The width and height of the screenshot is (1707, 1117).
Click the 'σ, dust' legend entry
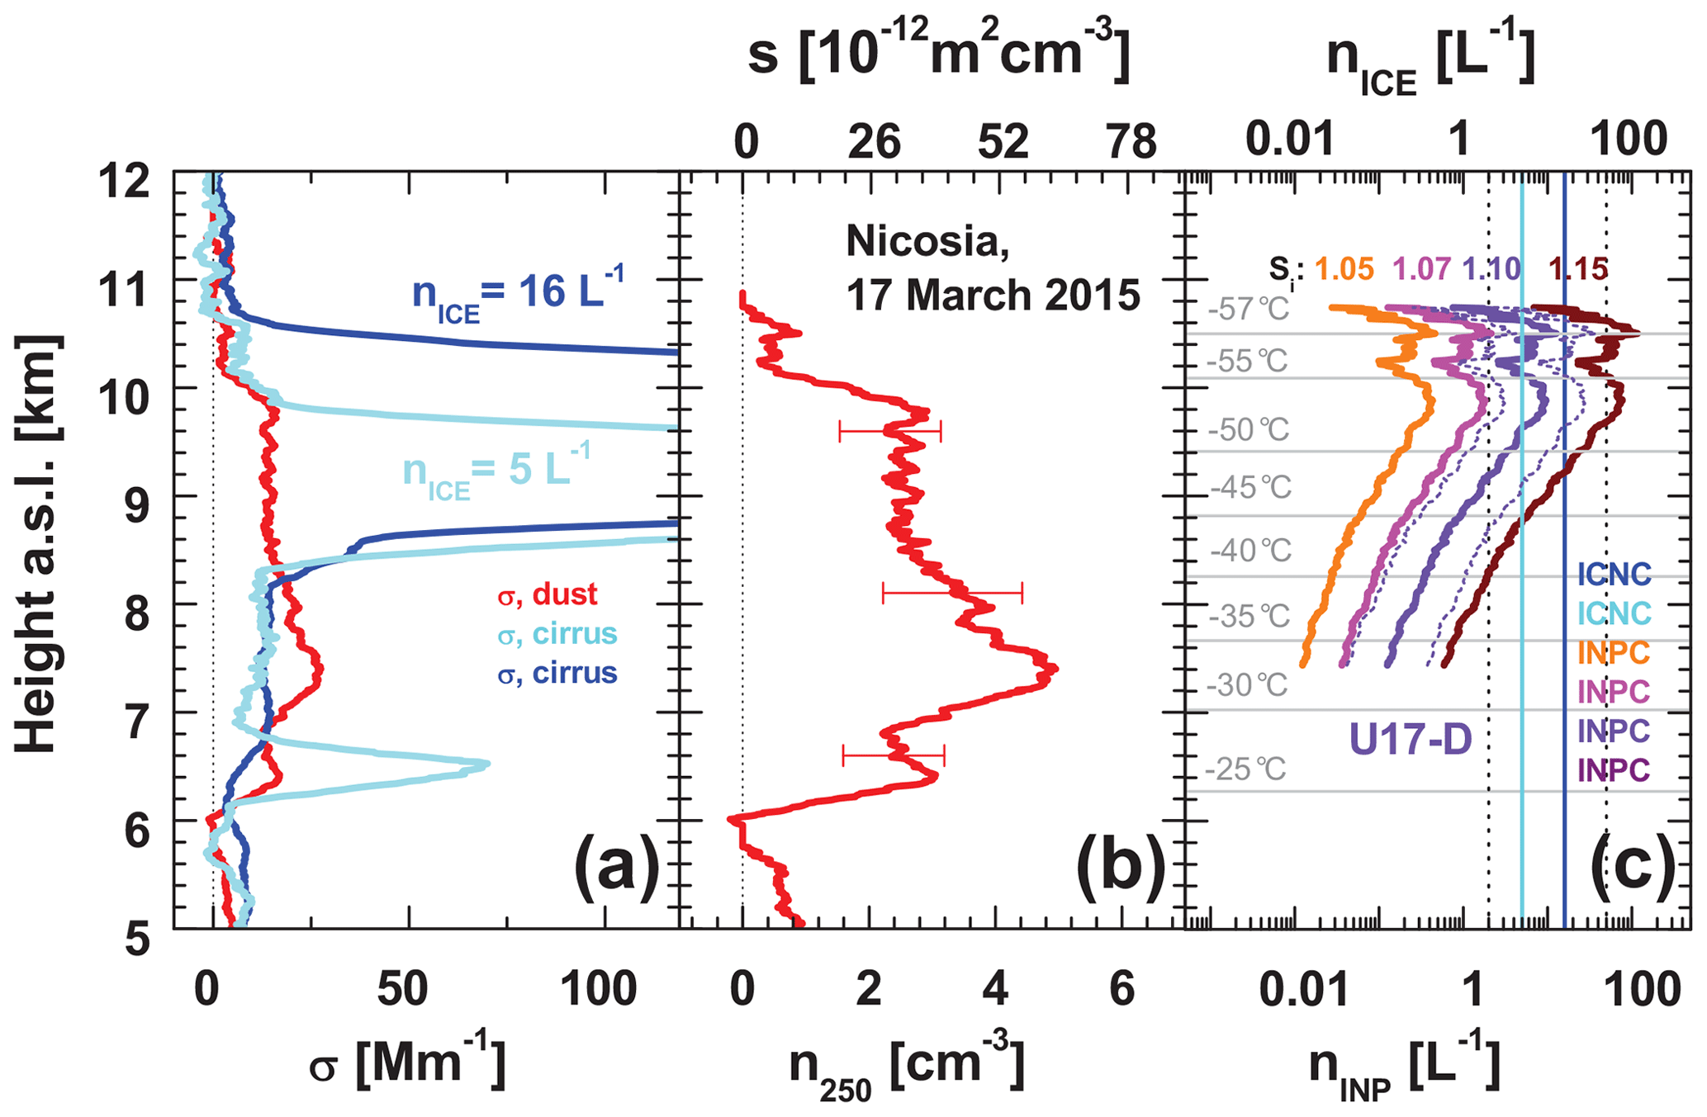point(548,594)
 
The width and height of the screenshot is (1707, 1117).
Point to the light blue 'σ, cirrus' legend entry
point(557,634)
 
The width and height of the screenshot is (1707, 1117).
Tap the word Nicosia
point(927,241)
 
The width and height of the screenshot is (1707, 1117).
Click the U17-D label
point(1411,739)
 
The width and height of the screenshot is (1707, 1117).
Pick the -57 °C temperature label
point(1248,310)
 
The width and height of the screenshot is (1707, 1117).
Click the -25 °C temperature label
point(1245,769)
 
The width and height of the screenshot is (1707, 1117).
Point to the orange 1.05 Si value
point(1344,269)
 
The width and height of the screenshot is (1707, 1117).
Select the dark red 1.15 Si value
point(1577,269)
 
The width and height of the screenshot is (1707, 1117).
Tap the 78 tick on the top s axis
point(1131,142)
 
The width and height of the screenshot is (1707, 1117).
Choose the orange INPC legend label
point(1613,652)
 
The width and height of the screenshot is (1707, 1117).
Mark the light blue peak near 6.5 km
point(486,764)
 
